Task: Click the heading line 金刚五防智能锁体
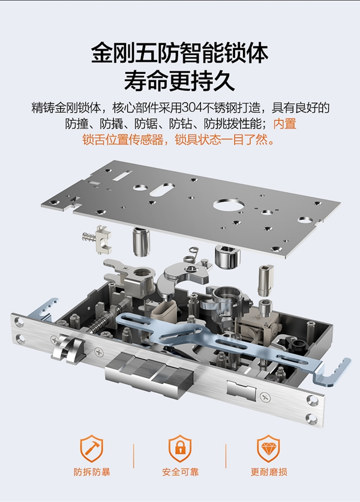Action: pyautogui.click(x=179, y=52)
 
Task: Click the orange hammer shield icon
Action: pyautogui.click(x=92, y=448)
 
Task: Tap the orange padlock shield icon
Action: pyautogui.click(x=179, y=448)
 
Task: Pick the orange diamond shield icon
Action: pyautogui.click(x=268, y=448)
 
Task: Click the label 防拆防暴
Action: pyautogui.click(x=92, y=471)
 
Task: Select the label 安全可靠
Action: pyautogui.click(x=179, y=471)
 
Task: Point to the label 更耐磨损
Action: pyautogui.click(x=268, y=471)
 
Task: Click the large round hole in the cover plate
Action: pyautogui.click(x=226, y=205)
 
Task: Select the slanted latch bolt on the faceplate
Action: pyautogui.click(x=67, y=348)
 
